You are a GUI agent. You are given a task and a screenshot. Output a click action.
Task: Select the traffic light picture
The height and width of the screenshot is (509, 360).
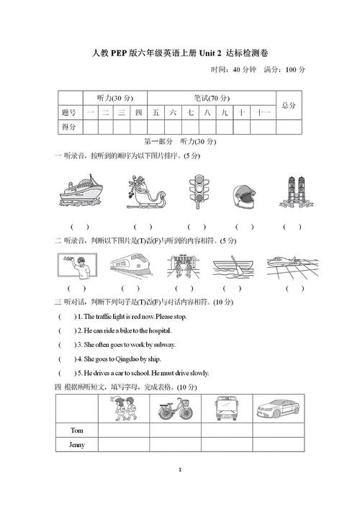click(196, 192)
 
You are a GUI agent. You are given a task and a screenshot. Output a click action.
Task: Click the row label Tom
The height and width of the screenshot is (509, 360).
click(77, 430)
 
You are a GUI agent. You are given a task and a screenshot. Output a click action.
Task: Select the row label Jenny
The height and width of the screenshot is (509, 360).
click(77, 444)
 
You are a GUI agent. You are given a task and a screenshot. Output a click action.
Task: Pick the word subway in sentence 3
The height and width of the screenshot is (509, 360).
click(160, 345)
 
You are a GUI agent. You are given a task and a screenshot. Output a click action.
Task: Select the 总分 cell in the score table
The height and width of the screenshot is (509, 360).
click(288, 105)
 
